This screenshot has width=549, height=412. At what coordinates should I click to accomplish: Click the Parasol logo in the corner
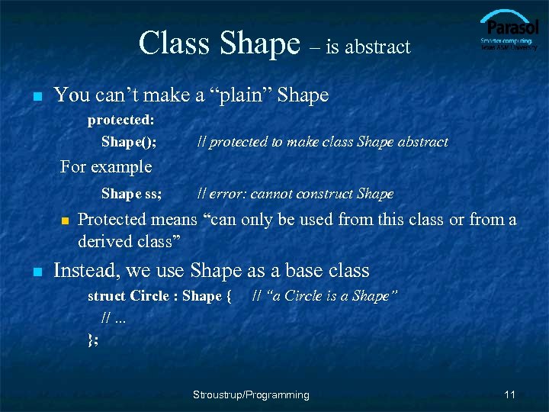coord(509,31)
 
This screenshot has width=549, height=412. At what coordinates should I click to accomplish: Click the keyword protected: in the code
coord(121,120)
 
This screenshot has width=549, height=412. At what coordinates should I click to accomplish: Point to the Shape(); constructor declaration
coord(129,142)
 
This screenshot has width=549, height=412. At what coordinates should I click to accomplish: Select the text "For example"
coord(106,166)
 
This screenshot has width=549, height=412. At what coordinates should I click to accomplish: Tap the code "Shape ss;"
coord(131,194)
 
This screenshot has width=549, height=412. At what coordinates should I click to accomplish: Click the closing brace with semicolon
coord(93,340)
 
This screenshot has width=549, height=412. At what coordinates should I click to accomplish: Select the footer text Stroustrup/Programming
coord(251,394)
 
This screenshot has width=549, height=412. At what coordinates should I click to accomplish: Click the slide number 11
coord(510,394)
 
